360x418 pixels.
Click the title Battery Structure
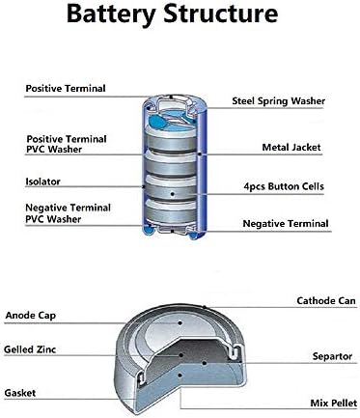pos(180,16)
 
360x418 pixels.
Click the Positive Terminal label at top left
pos(66,89)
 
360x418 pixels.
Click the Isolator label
pos(44,181)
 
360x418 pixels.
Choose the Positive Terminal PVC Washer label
pos(66,144)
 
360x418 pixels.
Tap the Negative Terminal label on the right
pos(284,224)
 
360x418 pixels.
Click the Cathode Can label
pos(298,301)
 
